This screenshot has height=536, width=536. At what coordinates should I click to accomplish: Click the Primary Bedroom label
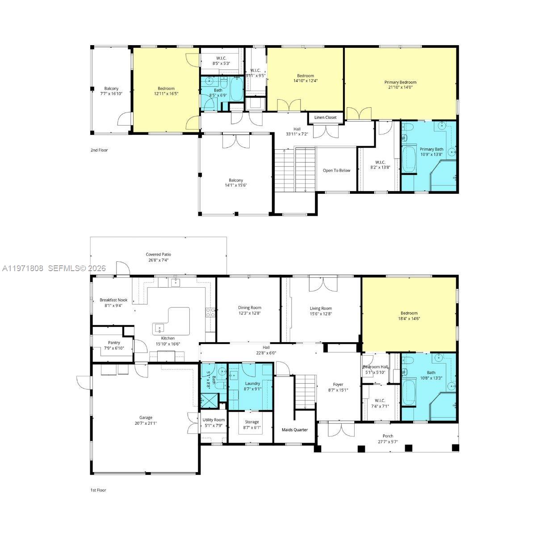point(400,82)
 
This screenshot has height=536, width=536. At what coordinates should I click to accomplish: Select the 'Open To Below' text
point(336,170)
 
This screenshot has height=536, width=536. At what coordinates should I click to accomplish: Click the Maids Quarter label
point(294,430)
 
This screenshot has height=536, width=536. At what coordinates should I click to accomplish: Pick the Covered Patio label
point(158,254)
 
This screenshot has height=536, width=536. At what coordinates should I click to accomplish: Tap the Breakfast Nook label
point(113,300)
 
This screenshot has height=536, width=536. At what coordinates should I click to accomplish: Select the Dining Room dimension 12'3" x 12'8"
point(249,314)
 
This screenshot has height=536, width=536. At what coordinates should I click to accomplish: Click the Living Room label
point(321,308)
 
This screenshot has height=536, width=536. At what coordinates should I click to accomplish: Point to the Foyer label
point(338,384)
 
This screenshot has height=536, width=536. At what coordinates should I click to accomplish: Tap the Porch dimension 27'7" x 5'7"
point(388,442)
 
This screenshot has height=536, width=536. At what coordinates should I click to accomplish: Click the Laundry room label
point(252,383)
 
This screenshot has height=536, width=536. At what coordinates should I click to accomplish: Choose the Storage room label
point(252,422)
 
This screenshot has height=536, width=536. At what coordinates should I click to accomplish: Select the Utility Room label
point(214,420)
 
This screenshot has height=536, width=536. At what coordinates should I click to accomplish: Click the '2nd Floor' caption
point(99,150)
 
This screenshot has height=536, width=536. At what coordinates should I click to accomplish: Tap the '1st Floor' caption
point(98,490)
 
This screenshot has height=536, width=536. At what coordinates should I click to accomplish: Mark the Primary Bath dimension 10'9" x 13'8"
point(431,155)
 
